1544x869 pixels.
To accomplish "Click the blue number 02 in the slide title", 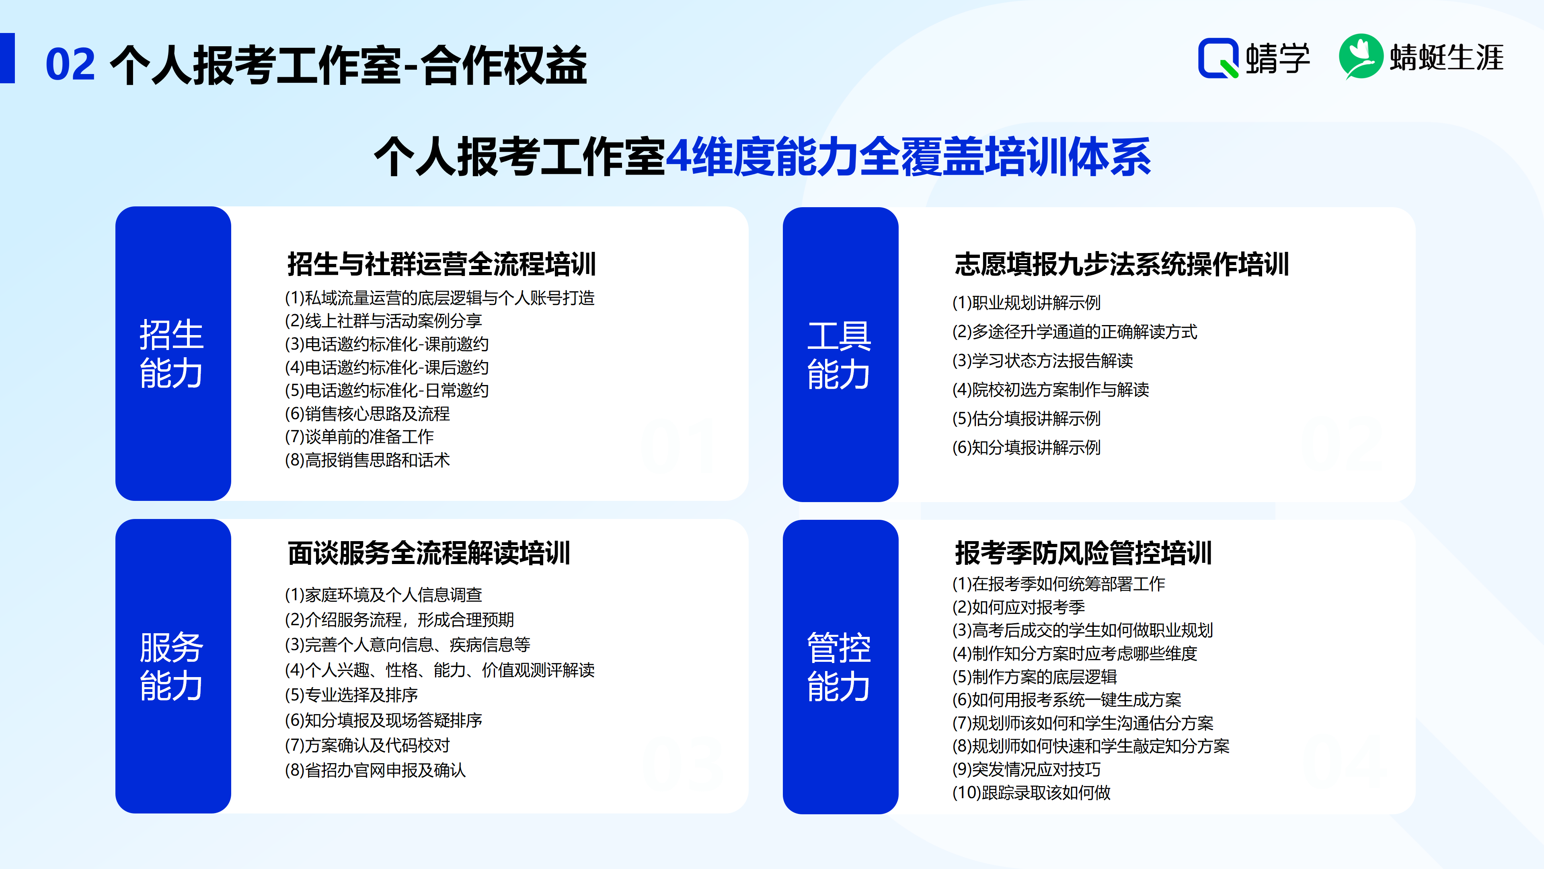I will click(x=70, y=65).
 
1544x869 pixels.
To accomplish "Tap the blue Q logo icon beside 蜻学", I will click(x=1218, y=58).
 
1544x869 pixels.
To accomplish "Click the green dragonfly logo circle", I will click(x=1361, y=56).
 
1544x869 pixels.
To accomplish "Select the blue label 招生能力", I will click(x=172, y=354).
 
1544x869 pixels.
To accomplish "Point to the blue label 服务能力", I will click(x=172, y=666).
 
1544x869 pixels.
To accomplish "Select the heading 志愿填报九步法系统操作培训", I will click(x=1121, y=264).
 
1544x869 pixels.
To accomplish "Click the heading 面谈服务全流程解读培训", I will click(x=429, y=553).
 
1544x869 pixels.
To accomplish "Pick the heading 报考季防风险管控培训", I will click(x=1083, y=553).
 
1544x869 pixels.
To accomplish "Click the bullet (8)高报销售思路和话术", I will click(x=368, y=460).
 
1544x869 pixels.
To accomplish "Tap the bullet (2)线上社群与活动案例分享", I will click(x=384, y=321).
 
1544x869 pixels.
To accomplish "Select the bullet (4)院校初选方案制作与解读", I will click(x=1050, y=390).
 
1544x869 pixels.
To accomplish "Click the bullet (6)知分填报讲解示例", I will click(x=1026, y=447).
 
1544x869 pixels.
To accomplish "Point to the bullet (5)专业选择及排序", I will click(x=351, y=695).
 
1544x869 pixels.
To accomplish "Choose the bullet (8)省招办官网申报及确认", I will click(x=375, y=770).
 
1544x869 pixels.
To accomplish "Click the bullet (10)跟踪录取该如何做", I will click(x=1031, y=793).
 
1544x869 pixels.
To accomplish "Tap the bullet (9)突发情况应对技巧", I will click(x=1026, y=770).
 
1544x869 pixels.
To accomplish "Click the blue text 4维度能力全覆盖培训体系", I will click(x=908, y=157).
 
